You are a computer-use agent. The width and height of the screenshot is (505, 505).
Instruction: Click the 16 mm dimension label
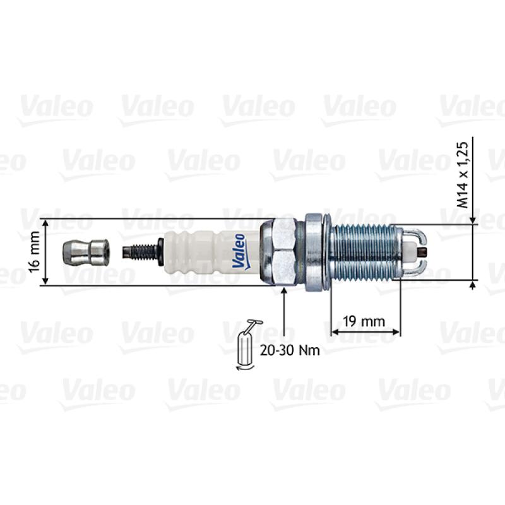35,252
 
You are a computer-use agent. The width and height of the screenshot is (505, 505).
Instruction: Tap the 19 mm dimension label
364,321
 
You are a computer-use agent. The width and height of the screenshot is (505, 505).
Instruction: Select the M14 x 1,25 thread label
462,175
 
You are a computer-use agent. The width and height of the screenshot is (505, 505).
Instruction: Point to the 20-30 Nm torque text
290,350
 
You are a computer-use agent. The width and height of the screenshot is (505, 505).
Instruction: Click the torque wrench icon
247,345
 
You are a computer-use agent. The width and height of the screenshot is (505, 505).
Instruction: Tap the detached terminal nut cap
86,252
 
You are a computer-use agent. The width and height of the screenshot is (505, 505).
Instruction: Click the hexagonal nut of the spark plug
284,252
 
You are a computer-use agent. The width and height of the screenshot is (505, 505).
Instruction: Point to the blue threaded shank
365,252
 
